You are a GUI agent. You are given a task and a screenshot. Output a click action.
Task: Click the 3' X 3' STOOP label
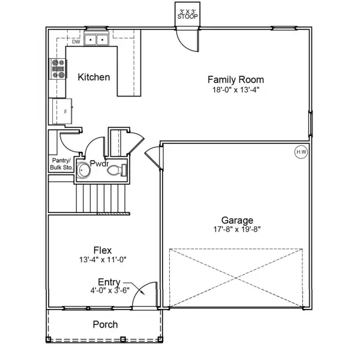pyautogui.click(x=188, y=14)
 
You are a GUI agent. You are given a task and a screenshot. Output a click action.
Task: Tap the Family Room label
pyautogui.click(x=235, y=79)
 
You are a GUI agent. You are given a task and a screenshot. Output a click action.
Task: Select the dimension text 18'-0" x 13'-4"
pyautogui.click(x=235, y=89)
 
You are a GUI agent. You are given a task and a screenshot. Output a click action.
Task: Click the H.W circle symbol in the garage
pyautogui.click(x=301, y=152)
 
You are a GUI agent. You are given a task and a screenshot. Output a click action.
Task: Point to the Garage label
pyautogui.click(x=237, y=220)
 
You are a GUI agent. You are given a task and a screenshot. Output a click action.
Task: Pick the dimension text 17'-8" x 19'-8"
pyautogui.click(x=237, y=229)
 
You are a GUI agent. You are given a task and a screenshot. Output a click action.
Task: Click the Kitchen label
pyautogui.click(x=94, y=77)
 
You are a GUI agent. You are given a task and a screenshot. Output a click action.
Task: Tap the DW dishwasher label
pyautogui.click(x=76, y=42)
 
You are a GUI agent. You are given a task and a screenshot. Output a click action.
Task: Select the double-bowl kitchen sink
pyautogui.click(x=95, y=40)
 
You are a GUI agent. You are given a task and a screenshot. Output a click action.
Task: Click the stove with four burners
pyautogui.click(x=59, y=70)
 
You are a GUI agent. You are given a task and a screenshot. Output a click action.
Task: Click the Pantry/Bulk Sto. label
pyautogui.click(x=61, y=164)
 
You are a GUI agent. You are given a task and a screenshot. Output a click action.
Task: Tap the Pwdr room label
pyautogui.click(x=98, y=163)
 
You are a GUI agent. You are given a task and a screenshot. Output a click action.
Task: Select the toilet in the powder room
pyautogui.click(x=117, y=171)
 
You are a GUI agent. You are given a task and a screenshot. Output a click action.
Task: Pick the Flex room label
pyautogui.click(x=102, y=250)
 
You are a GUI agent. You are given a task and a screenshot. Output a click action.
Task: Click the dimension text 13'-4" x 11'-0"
pyautogui.click(x=102, y=260)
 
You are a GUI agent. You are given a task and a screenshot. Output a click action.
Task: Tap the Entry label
pyautogui.click(x=110, y=282)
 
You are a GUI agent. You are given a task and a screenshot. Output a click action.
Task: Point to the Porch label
pyautogui.click(x=105, y=325)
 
